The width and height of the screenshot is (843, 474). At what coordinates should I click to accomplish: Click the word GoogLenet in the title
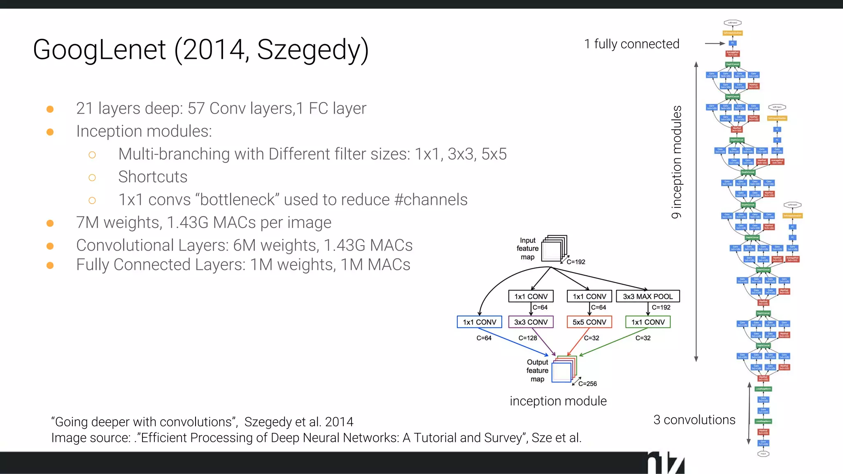pos(99,50)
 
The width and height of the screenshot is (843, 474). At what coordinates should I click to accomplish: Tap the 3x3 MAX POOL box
pos(647,296)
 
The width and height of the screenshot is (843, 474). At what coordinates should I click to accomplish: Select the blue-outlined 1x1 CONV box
pos(479,322)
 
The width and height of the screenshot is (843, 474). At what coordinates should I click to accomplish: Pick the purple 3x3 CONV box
pos(531,322)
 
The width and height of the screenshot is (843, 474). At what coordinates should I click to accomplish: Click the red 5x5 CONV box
pos(589,322)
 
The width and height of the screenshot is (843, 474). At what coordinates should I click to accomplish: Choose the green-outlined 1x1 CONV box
pos(647,322)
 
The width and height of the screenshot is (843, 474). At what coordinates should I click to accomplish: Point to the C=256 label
pos(587,383)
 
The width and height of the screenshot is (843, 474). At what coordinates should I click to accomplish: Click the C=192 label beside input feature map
pos(576,262)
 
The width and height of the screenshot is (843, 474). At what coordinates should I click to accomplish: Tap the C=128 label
pos(527,338)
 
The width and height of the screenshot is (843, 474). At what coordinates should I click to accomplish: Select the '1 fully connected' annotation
pos(631,44)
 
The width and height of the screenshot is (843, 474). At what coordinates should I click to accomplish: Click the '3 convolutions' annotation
pos(694,420)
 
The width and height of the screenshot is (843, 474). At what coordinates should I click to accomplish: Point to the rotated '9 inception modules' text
pos(676,162)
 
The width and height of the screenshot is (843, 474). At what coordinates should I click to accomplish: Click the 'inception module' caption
pos(558,401)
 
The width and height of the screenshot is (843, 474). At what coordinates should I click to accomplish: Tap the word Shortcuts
pos(153,177)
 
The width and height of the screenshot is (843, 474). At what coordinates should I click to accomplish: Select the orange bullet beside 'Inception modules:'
pos(50,132)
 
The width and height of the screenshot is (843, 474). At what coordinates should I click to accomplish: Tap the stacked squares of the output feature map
pos(564,369)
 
